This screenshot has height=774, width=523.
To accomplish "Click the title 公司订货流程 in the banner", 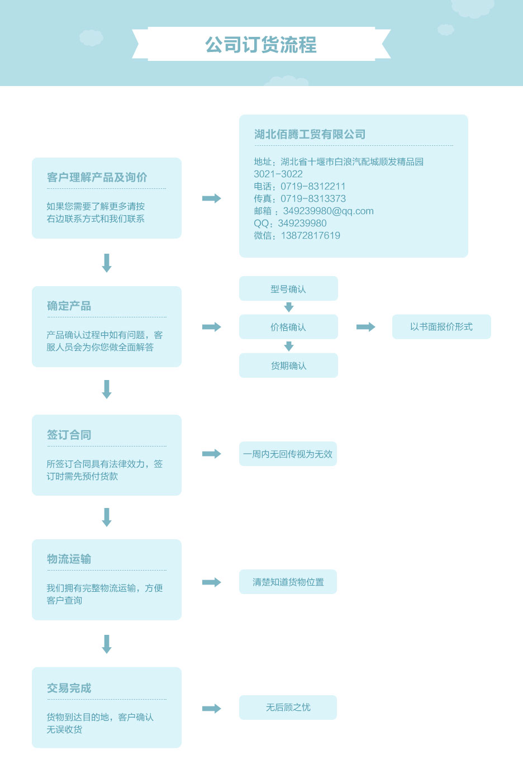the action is pos(261,45).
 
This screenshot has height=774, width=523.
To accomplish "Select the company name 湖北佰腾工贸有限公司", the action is pos(310,134).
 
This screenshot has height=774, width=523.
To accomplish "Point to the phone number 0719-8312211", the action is pos(313,186).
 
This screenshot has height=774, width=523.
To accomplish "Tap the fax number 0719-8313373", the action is pos(313,199).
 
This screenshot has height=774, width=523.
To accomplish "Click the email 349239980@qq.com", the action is pos(328,211).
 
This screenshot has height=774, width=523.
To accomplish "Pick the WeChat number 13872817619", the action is pos(311,236).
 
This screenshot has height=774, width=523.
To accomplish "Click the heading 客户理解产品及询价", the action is pos(97,177).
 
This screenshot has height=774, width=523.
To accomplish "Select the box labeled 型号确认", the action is pos(288,288).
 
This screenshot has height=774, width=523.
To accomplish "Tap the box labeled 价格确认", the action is pos(288,327).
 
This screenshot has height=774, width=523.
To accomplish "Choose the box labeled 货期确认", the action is pos(288,365).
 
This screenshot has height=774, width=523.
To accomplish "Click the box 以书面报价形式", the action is pos(441,327).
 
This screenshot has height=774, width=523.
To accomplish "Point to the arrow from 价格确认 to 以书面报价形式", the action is pos(365,327).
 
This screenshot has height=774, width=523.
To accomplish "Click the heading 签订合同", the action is pos(69,435).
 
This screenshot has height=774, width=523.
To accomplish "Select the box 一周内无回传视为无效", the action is pos(288,454).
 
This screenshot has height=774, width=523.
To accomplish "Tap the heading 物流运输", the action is pos(69,559).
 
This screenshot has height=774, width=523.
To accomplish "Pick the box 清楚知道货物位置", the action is pos(288,582).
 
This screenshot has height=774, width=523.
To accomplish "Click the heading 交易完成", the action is pos(69,688).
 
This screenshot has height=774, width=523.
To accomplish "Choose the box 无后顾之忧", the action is pos(288,707).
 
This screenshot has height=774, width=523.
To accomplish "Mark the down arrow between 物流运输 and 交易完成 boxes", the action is pos(107,644).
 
